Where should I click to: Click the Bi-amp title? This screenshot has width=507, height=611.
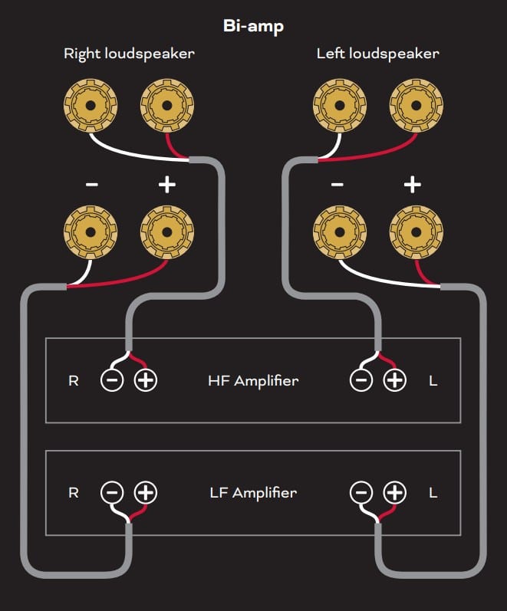click(253, 26)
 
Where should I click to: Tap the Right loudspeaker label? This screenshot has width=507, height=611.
click(129, 54)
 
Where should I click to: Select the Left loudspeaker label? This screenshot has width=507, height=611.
click(377, 54)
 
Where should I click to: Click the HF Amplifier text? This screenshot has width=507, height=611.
click(253, 380)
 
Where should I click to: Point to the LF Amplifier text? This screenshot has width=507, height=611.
click(253, 492)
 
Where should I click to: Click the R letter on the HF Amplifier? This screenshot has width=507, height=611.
click(74, 380)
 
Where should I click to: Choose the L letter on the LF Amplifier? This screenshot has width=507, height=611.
click(433, 492)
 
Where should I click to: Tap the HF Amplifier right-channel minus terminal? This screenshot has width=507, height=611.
click(112, 380)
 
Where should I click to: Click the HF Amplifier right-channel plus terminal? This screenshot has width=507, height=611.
click(145, 380)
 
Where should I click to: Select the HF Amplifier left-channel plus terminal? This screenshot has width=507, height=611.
click(394, 380)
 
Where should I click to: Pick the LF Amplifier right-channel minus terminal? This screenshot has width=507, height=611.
click(112, 492)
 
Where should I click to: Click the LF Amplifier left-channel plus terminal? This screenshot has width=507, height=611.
click(394, 492)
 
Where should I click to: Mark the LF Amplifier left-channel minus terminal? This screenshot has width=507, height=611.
click(361, 492)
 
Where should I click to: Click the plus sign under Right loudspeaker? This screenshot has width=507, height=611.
click(166, 185)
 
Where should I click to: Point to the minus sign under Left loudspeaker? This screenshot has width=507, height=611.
click(337, 185)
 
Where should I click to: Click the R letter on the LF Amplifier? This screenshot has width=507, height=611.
click(74, 492)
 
